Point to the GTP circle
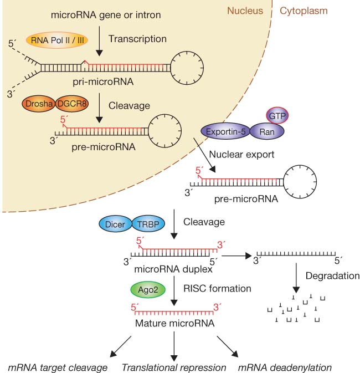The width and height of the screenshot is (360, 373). (x=279, y=115)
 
